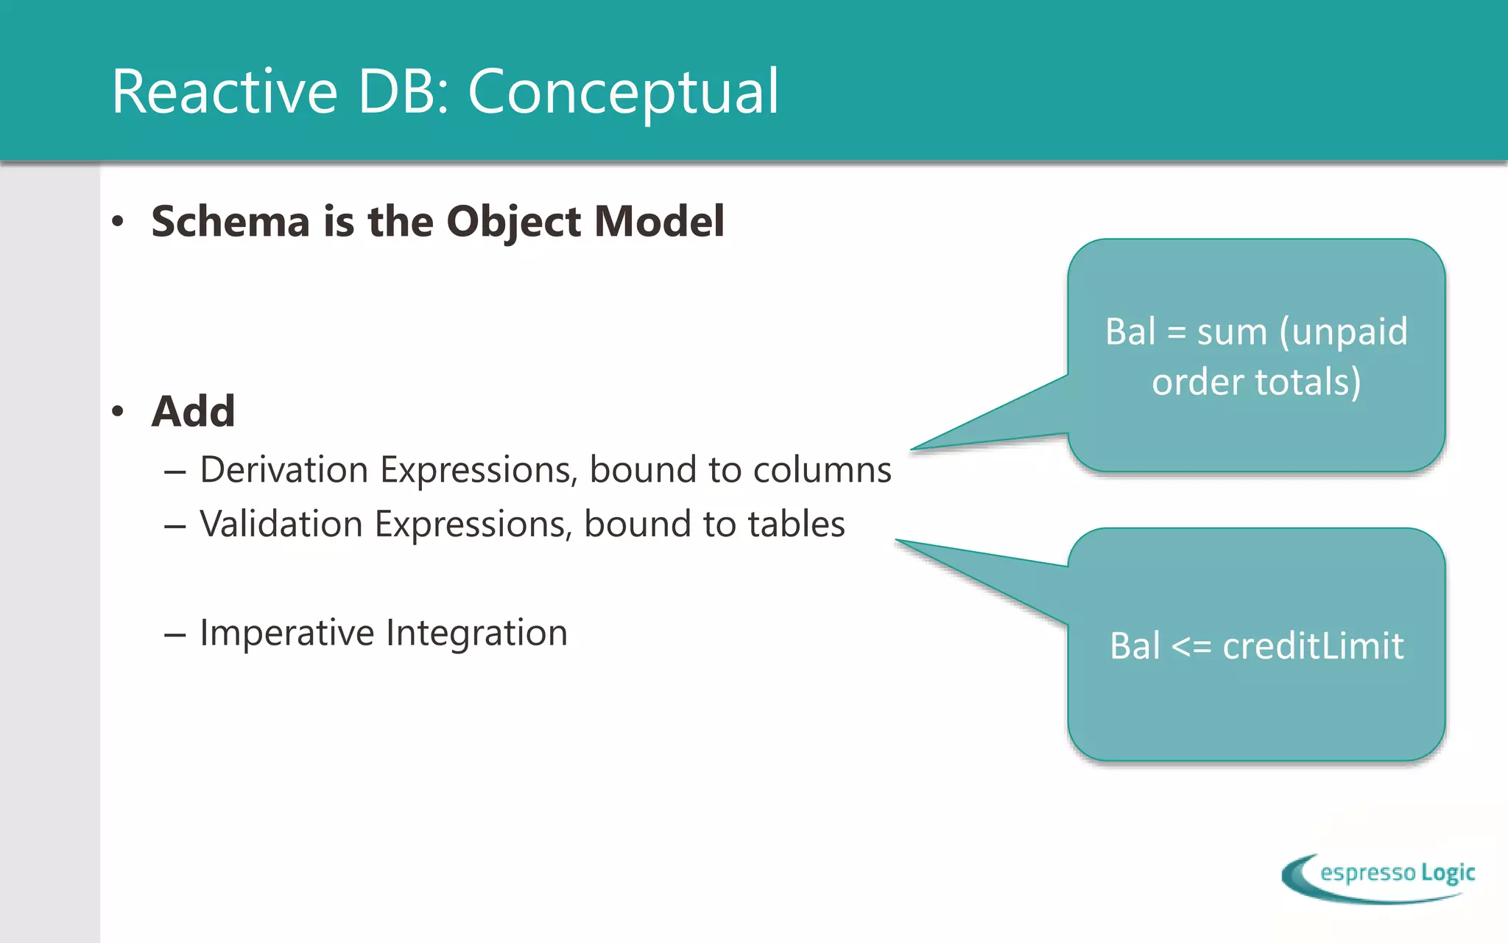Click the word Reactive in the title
[225, 91]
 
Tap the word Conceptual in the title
[623, 91]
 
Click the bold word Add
[193, 411]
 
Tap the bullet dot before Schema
[118, 221]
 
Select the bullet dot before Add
[118, 411]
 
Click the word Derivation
[284, 470]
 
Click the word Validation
[281, 525]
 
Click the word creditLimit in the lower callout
[1313, 646]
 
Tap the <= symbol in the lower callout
[1191, 647]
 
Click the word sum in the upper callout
[1232, 332]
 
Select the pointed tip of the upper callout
[915, 448]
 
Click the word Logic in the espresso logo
[1448, 873]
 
